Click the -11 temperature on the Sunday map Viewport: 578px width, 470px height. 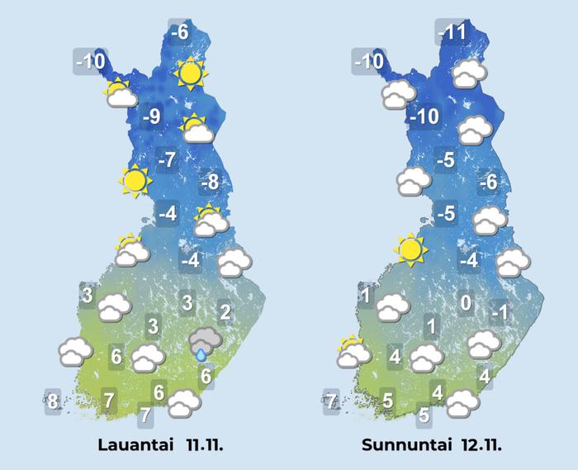pos(452,33)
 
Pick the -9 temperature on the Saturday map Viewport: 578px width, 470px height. pos(151,117)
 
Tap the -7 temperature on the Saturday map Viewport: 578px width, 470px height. pos(167,160)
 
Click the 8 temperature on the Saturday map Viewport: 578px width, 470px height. pos(53,402)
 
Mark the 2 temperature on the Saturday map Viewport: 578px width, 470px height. pos(224,312)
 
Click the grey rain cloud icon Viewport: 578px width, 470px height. pos(203,339)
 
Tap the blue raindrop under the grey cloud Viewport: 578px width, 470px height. pos(201,354)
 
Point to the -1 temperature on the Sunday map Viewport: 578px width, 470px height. pos(499,313)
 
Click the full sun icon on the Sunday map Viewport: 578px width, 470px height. pos(410,248)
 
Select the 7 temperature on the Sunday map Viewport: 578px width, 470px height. pos(331,402)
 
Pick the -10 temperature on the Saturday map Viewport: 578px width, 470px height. pos(90,61)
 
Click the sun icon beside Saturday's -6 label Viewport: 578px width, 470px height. pos(190,75)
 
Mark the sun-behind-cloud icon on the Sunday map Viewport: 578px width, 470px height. pos(354,352)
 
